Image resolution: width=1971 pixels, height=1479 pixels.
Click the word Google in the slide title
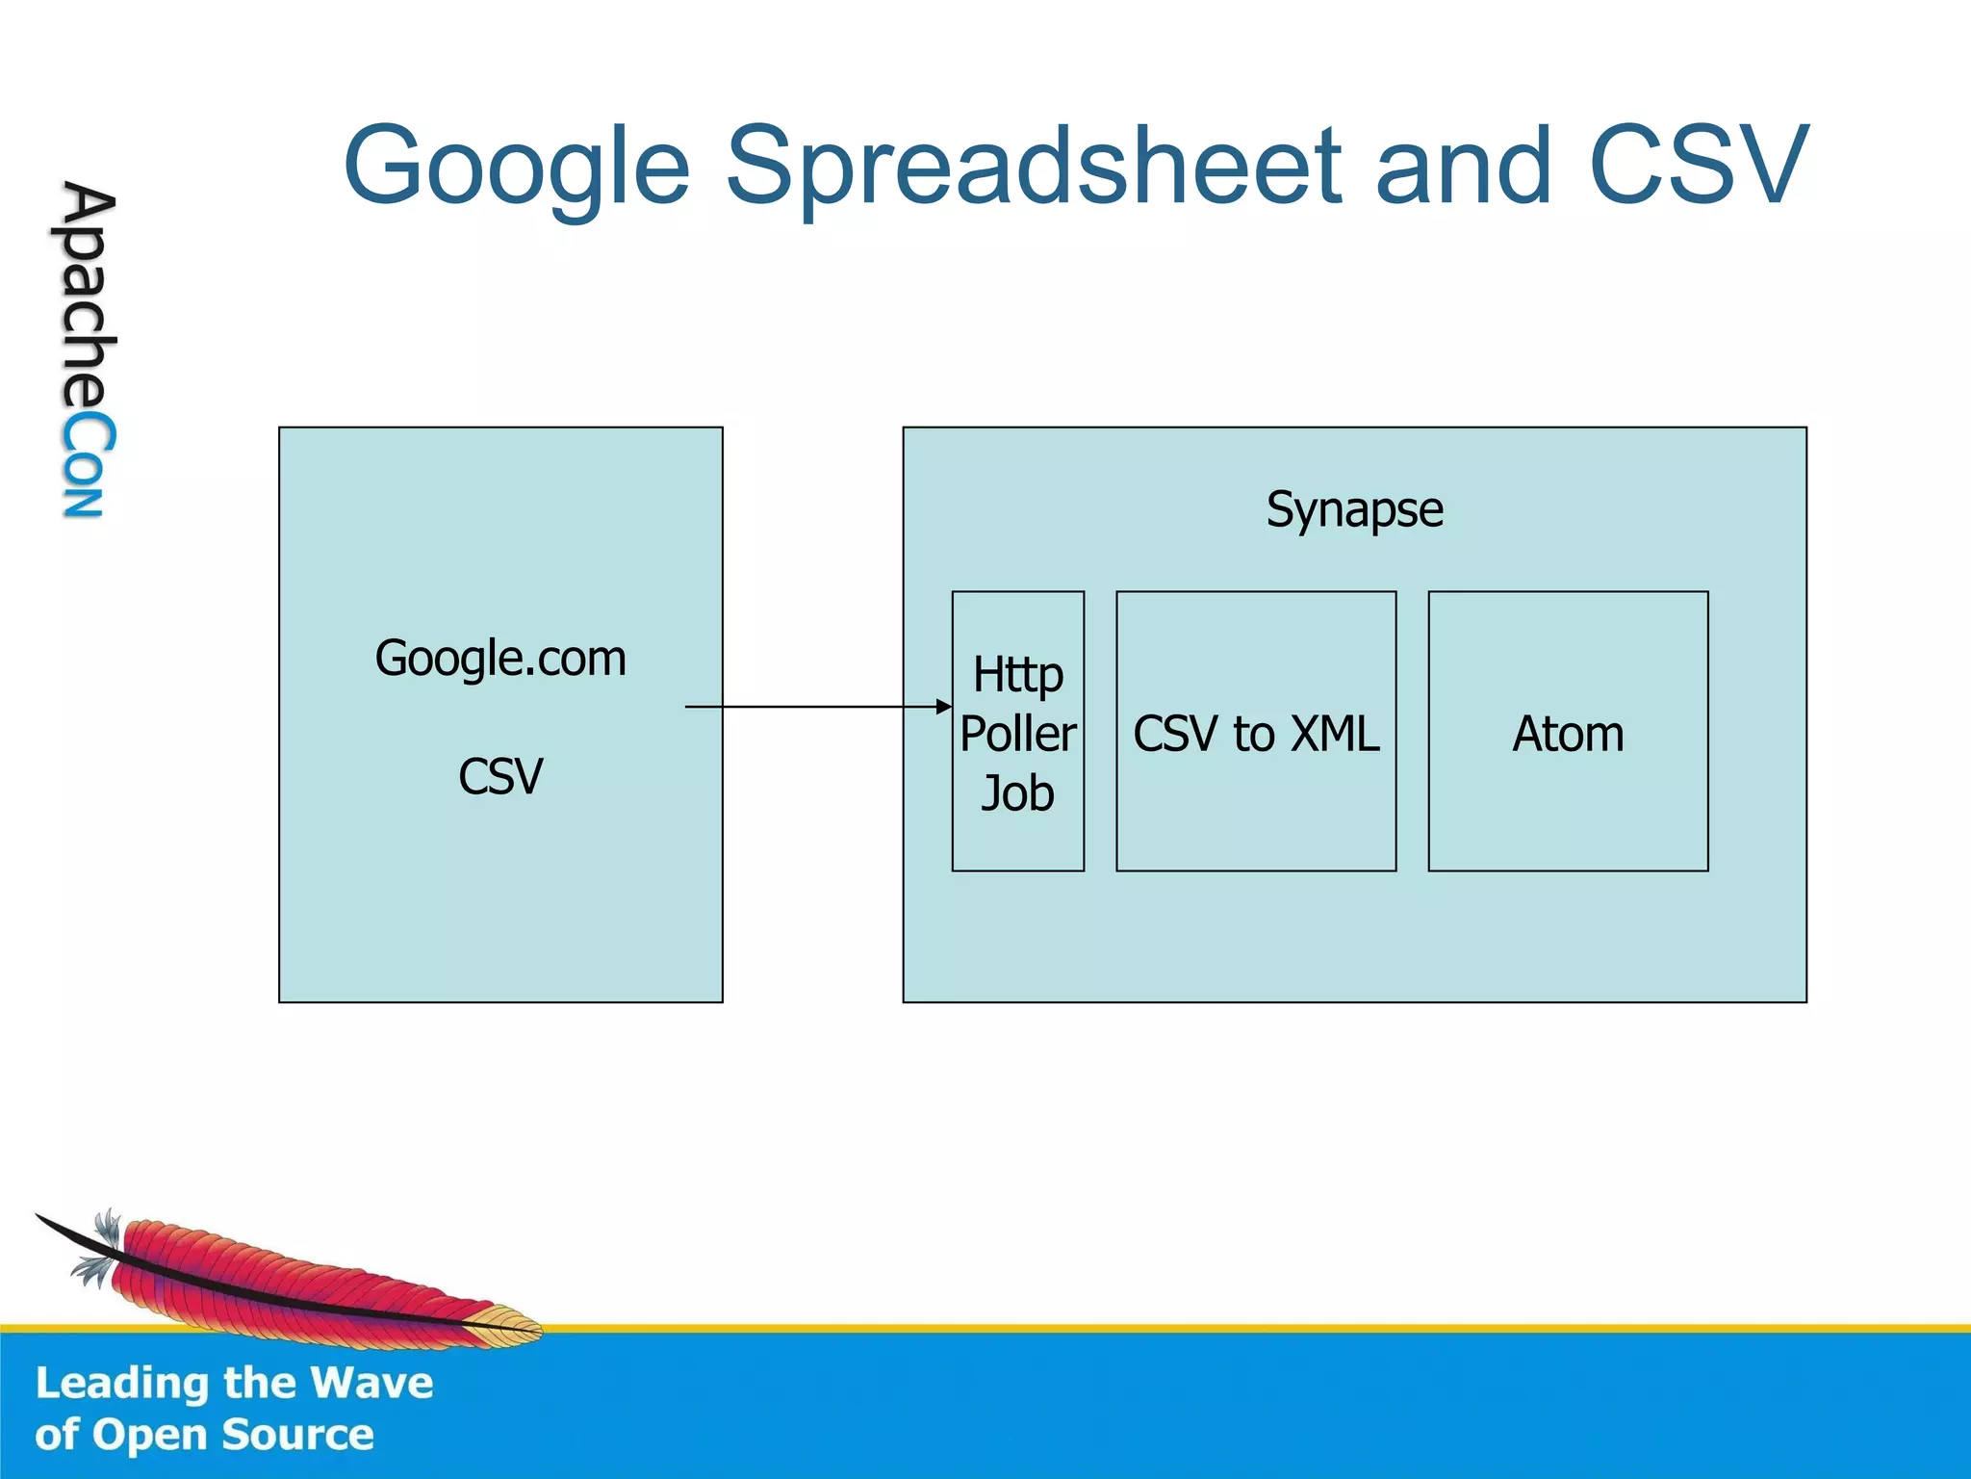pos(517,168)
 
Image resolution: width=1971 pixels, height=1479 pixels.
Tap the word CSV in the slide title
pos(1698,166)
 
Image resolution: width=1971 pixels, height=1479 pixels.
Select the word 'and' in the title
pos(1463,168)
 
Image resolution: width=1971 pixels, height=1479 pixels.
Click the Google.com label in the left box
pos(500,659)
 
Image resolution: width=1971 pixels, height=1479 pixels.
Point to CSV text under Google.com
pos(500,776)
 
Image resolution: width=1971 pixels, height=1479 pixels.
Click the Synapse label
pos(1354,509)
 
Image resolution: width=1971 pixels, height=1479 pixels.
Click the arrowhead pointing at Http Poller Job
pos(944,707)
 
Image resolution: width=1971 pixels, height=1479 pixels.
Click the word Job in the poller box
pos(1017,793)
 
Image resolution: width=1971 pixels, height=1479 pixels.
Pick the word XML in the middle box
pos(1335,734)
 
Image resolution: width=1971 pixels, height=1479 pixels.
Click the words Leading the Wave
pos(234,1383)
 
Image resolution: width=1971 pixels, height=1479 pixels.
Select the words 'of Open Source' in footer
pos(204,1435)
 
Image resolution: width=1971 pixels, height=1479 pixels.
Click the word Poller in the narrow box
pos(1017,734)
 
